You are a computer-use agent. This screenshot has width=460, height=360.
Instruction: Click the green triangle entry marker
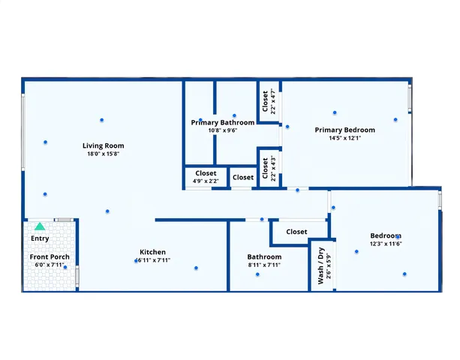point(40,226)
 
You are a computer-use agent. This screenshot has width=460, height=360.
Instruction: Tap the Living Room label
point(104,145)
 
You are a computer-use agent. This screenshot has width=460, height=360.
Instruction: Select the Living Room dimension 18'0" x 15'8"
point(104,154)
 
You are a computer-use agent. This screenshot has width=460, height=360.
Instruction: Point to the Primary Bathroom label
point(222,122)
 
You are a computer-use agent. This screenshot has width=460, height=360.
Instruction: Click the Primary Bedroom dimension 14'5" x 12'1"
point(344,138)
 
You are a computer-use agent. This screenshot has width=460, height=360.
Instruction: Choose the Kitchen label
point(152,252)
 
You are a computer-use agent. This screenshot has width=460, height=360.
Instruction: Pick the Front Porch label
point(50,257)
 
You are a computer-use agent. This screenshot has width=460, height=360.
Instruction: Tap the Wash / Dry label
point(320,265)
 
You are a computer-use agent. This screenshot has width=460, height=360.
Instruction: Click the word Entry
point(40,238)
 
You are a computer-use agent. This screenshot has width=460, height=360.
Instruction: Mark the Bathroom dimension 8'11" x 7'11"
point(264,265)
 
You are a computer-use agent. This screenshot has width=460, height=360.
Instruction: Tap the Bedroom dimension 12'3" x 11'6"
point(386,244)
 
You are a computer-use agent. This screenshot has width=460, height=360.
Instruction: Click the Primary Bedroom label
point(344,130)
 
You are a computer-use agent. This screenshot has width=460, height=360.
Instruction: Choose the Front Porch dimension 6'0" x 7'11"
point(50,265)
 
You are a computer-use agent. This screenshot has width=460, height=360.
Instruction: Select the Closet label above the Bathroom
point(296,232)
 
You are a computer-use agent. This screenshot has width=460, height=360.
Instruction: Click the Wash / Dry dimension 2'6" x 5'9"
point(329,265)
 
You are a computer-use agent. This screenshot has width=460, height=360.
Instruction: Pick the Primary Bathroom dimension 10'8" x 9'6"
point(222,130)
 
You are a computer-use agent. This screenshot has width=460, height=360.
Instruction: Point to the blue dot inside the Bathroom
point(257,274)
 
